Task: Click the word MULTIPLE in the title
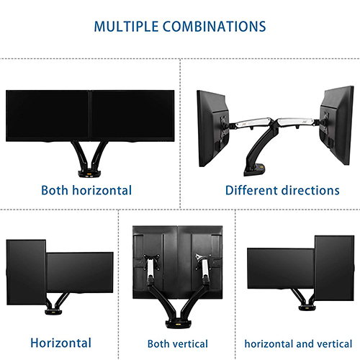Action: [x=126, y=27]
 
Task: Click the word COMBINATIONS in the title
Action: [x=215, y=27]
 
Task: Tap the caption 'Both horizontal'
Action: [x=86, y=191]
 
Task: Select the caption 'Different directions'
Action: [x=282, y=191]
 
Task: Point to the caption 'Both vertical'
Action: [x=178, y=344]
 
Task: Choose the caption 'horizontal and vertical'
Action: [x=298, y=344]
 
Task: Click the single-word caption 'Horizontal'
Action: [x=60, y=343]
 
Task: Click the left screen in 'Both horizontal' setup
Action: [x=48, y=116]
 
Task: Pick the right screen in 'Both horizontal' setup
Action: [x=132, y=116]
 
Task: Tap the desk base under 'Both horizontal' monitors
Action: [x=89, y=174]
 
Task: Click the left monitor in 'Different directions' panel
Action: [x=212, y=128]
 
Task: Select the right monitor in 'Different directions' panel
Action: [x=337, y=125]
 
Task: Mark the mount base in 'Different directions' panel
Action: [x=255, y=170]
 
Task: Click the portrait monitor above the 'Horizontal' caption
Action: [x=26, y=272]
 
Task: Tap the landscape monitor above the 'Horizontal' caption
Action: [x=80, y=272]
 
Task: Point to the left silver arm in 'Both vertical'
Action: [x=150, y=268]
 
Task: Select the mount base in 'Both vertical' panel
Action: [x=179, y=324]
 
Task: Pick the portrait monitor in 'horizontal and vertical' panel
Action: [x=334, y=268]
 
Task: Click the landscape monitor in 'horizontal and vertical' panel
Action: [x=281, y=269]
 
